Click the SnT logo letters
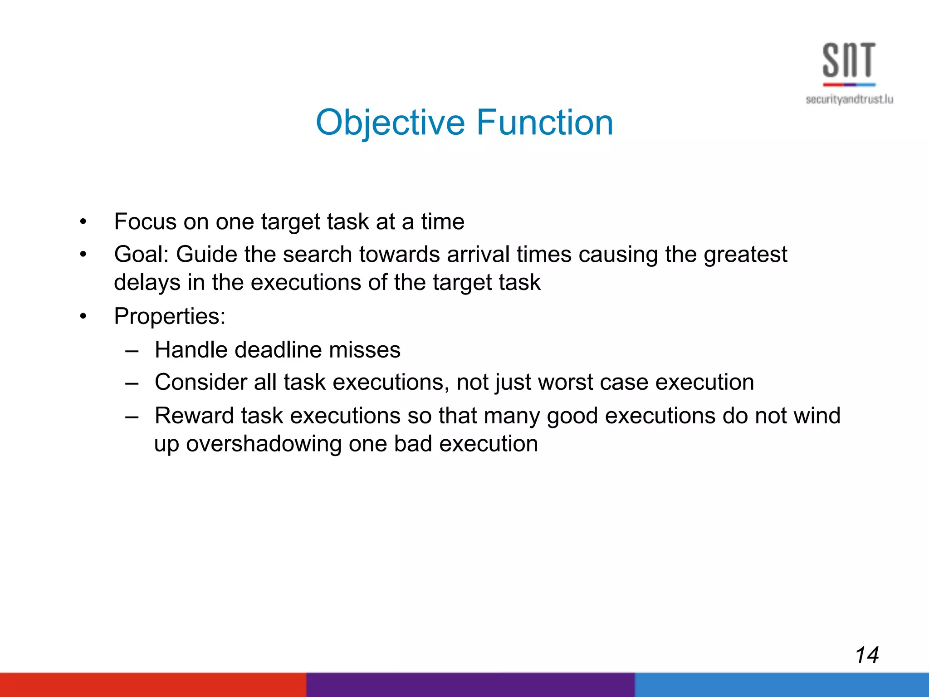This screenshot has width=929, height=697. (x=849, y=60)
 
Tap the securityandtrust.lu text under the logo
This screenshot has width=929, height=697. (x=849, y=99)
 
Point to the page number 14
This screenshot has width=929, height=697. (x=866, y=655)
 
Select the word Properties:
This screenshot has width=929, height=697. (x=170, y=316)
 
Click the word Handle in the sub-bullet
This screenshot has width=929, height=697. (x=191, y=350)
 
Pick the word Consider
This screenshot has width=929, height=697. (x=200, y=383)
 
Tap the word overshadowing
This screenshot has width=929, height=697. (x=264, y=444)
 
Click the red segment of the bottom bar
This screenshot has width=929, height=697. (x=153, y=685)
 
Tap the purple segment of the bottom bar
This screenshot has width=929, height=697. (x=470, y=685)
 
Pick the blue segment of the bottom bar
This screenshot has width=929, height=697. (x=781, y=685)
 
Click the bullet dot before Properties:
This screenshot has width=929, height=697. (x=83, y=317)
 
